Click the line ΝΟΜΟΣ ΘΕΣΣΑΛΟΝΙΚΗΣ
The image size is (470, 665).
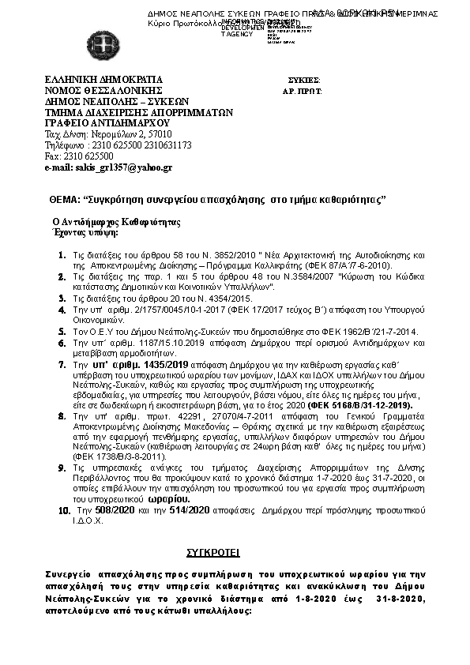pyautogui.click(x=103, y=91)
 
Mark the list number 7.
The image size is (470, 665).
pyautogui.click(x=63, y=366)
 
